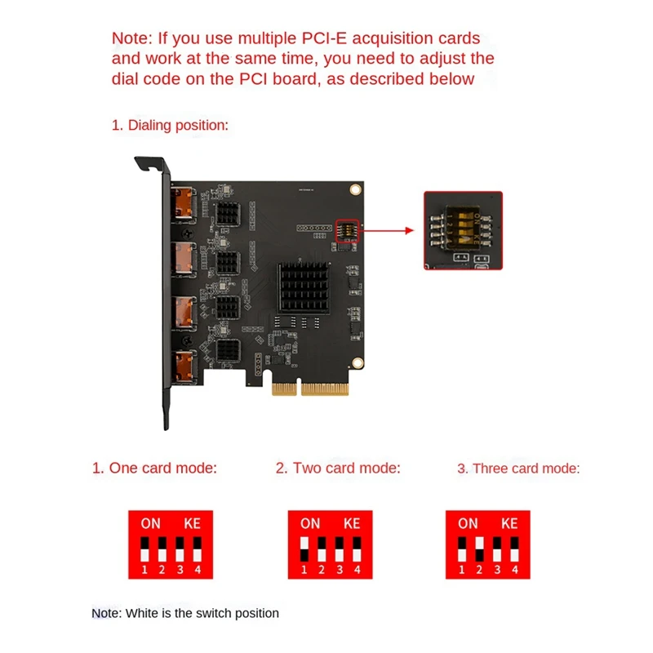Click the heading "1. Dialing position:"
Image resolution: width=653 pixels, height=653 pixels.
click(x=170, y=126)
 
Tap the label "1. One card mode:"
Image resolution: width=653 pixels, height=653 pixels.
click(x=154, y=468)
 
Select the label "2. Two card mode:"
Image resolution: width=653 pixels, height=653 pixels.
click(x=338, y=468)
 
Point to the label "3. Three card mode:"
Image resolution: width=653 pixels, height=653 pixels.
click(x=518, y=469)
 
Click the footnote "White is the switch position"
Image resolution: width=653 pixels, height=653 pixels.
click(x=202, y=614)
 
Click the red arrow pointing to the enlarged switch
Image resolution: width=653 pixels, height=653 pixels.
click(x=386, y=230)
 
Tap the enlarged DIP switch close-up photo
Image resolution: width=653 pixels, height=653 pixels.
click(x=463, y=230)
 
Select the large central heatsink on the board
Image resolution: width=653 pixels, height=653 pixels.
click(x=304, y=287)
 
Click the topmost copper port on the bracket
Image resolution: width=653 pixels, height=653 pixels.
click(x=183, y=202)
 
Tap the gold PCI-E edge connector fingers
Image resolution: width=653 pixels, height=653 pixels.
click(x=310, y=389)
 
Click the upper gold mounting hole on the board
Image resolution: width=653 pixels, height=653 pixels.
click(x=355, y=190)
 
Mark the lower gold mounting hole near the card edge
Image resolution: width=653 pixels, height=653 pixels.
click(x=358, y=363)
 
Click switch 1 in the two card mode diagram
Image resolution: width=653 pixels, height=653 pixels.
click(x=304, y=549)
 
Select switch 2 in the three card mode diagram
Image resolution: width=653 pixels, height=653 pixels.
click(x=480, y=549)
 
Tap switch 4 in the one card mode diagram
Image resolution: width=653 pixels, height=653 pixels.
click(x=198, y=549)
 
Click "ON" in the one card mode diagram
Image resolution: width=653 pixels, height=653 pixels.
click(x=150, y=523)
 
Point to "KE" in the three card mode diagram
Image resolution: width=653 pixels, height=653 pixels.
click(x=509, y=523)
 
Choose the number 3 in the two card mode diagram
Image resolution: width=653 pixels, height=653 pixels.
click(x=340, y=570)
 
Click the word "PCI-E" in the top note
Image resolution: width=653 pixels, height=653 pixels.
click(x=324, y=38)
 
